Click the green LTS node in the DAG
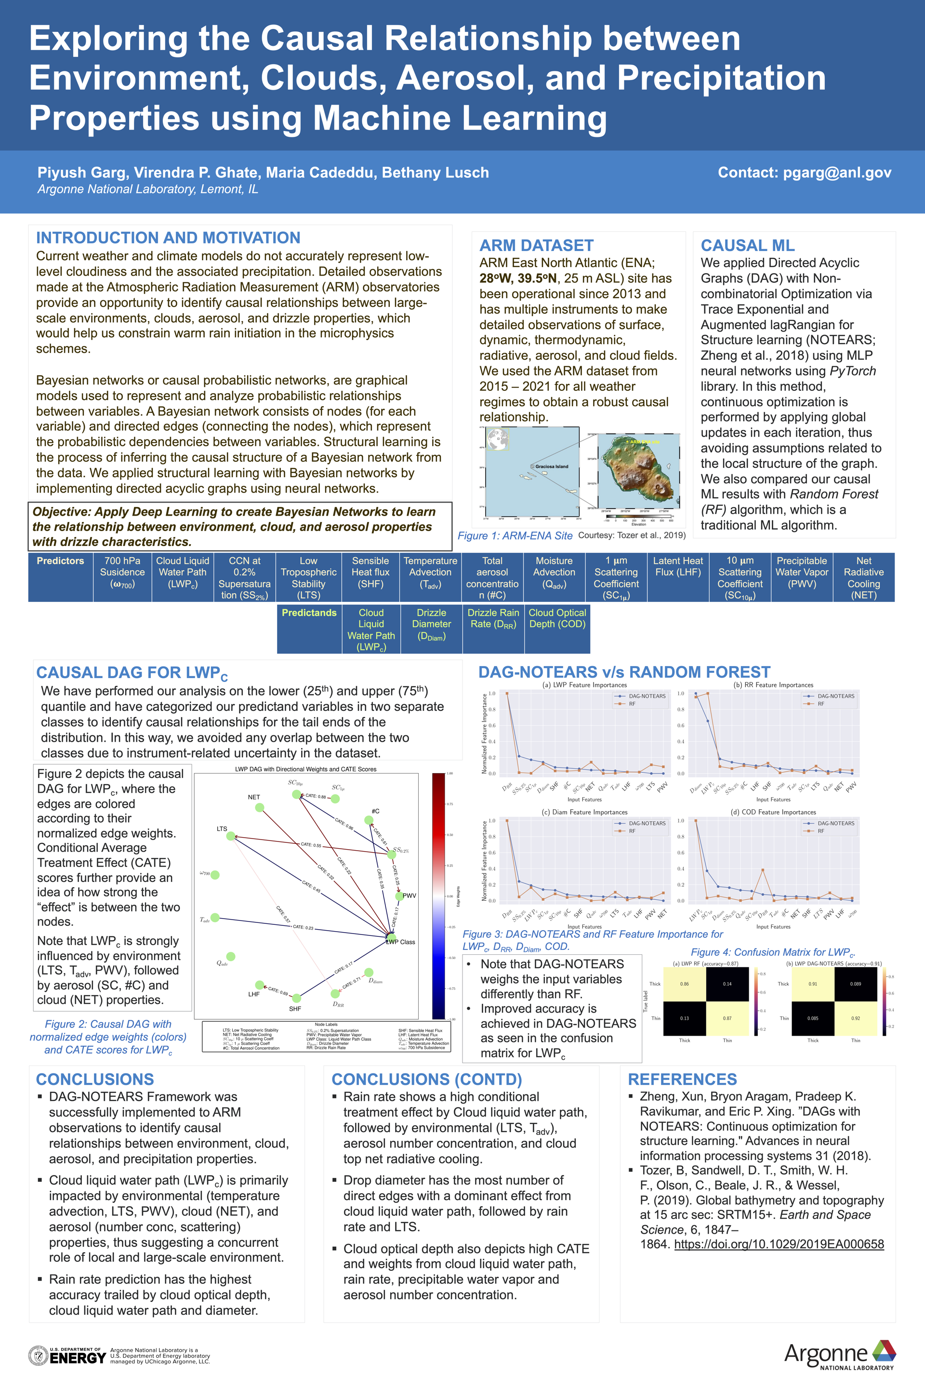(231, 836)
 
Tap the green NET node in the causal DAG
(260, 807)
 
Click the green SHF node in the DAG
(296, 998)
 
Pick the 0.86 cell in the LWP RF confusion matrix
(684, 984)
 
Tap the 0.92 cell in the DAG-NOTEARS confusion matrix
(856, 1018)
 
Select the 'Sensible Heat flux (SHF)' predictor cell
(370, 573)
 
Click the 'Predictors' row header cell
(60, 561)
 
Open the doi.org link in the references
(779, 1244)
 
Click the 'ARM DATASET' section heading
(536, 245)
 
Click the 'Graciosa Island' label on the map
(552, 466)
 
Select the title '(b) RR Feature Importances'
(773, 685)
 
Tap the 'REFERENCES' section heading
(682, 1080)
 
